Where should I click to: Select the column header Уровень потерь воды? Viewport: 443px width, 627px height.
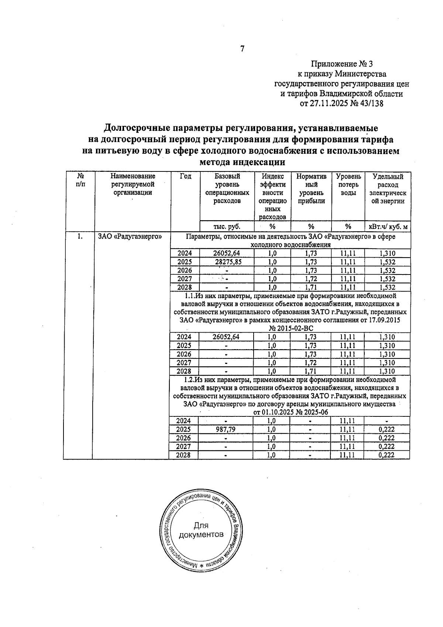pyautogui.click(x=348, y=185)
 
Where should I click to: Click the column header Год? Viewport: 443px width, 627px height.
pyautogui.click(x=185, y=177)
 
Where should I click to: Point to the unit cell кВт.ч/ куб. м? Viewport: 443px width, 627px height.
pyautogui.click(x=388, y=226)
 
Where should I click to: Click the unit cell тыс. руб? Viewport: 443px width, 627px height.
pyautogui.click(x=227, y=226)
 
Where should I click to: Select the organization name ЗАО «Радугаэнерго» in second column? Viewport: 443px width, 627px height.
pyautogui.click(x=130, y=237)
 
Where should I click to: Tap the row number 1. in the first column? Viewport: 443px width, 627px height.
pyautogui.click(x=80, y=237)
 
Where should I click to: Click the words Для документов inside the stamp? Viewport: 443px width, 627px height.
pyautogui.click(x=201, y=530)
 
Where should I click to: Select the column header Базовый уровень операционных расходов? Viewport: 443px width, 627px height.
pyautogui.click(x=227, y=189)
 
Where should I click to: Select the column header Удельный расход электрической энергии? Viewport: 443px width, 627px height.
pyautogui.click(x=388, y=189)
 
